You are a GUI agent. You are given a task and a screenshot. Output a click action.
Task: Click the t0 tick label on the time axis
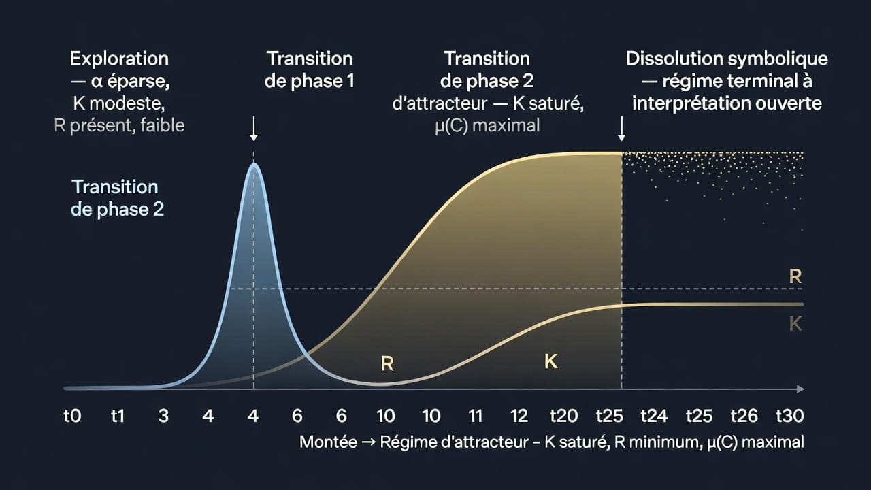click(72, 416)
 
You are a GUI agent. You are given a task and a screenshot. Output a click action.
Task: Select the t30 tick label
click(790, 416)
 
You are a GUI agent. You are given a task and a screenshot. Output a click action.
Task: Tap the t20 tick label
click(563, 416)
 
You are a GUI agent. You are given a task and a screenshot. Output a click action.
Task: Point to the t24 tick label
click(654, 416)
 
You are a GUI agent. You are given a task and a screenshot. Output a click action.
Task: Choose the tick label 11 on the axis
click(475, 416)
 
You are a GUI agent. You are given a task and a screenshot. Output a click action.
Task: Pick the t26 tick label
click(744, 416)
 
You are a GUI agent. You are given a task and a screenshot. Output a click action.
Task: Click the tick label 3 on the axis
click(163, 416)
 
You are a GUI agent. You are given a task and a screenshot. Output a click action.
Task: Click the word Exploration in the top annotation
click(119, 59)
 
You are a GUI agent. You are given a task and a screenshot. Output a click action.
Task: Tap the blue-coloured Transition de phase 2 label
click(117, 198)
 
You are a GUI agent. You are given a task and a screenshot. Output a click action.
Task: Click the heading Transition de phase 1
click(310, 70)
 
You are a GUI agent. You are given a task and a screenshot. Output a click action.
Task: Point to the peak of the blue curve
click(254, 165)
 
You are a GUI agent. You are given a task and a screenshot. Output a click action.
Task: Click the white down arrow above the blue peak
click(254, 129)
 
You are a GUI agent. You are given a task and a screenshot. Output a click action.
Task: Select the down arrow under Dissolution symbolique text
click(622, 129)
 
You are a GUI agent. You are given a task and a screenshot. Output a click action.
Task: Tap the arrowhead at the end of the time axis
click(800, 389)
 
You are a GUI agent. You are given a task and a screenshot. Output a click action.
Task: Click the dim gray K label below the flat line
click(795, 323)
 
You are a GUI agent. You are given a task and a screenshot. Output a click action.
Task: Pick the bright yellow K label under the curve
click(551, 361)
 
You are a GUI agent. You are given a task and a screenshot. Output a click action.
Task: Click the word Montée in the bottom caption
click(328, 442)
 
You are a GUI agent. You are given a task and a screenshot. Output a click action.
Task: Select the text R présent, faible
click(119, 125)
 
